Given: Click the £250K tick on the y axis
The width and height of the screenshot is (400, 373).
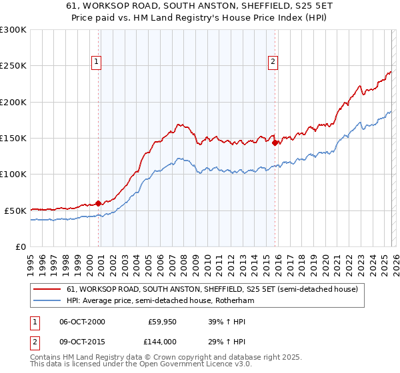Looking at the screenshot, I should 13,66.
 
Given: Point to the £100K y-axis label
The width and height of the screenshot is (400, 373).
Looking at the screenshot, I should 13,175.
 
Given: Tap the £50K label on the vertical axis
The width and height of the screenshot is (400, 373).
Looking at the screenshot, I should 16,210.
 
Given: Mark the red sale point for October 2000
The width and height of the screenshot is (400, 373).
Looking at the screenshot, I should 99,203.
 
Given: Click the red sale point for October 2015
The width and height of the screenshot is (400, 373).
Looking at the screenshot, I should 275,141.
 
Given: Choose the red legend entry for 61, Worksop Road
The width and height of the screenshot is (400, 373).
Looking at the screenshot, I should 212,289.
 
